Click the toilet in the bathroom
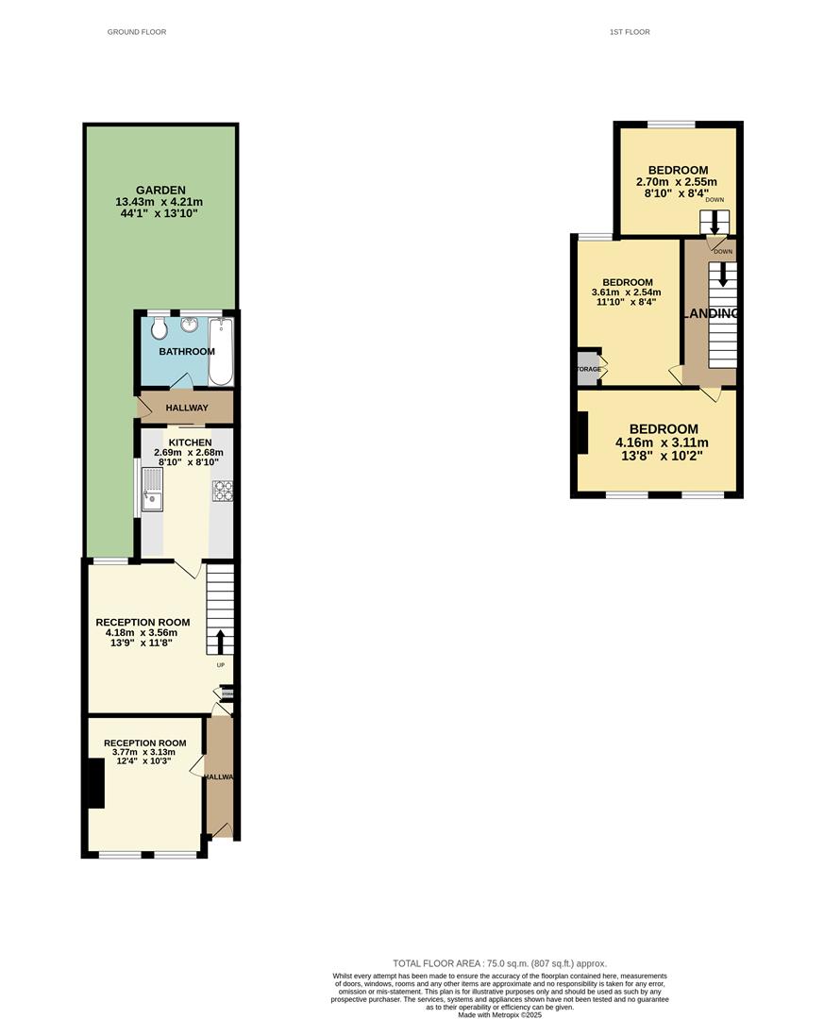pos(159,328)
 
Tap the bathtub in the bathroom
pos(220,351)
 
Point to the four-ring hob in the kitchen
pos(223,491)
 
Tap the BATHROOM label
pos(187,352)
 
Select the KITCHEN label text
pos(191,442)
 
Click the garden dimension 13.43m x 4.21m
pos(159,202)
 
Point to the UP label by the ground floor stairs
pos(219,664)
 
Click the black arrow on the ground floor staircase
pos(220,642)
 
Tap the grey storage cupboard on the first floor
pos(588,369)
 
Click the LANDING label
pos(710,313)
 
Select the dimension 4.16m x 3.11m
pos(662,443)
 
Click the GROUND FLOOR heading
pos(137,32)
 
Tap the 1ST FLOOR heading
pos(630,32)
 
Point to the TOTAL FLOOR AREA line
pos(499,963)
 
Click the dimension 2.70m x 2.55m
pos(677,182)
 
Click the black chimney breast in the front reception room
pos(94,783)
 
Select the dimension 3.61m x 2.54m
pos(627,292)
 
